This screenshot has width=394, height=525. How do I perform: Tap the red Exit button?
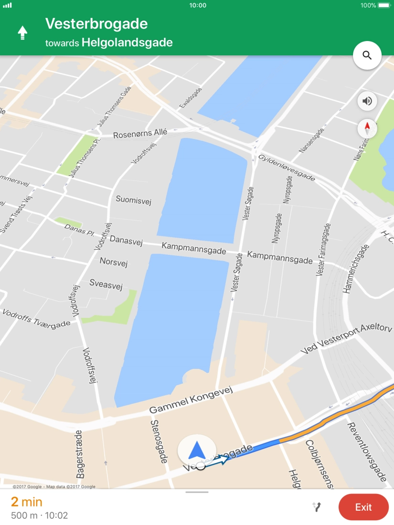pos(363,507)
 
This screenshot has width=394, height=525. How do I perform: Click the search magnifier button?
pos(367,55)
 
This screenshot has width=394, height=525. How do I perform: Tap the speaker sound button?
pos(367,101)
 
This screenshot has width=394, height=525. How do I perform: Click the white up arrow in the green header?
pos(22,32)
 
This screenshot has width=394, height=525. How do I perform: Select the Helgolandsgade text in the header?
pos(127,42)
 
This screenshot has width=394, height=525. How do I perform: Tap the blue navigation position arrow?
pos(196,450)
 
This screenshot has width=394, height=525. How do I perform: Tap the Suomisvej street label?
pos(133,200)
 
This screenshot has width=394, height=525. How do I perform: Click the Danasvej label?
pos(126,241)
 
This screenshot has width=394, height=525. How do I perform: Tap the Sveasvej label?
pos(106,284)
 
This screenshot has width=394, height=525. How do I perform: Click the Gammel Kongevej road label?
pos(191,401)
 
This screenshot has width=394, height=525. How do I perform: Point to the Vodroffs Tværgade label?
pos(36,319)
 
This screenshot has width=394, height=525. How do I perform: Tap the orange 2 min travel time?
pos(27,502)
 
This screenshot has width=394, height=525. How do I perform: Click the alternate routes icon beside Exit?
pos(317,507)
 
